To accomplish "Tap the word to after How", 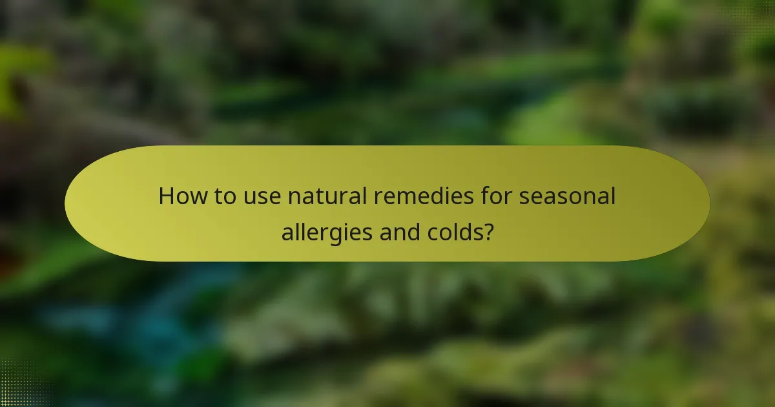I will pyautogui.click(x=225, y=196).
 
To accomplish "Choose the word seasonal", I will pyautogui.click(x=568, y=196).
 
